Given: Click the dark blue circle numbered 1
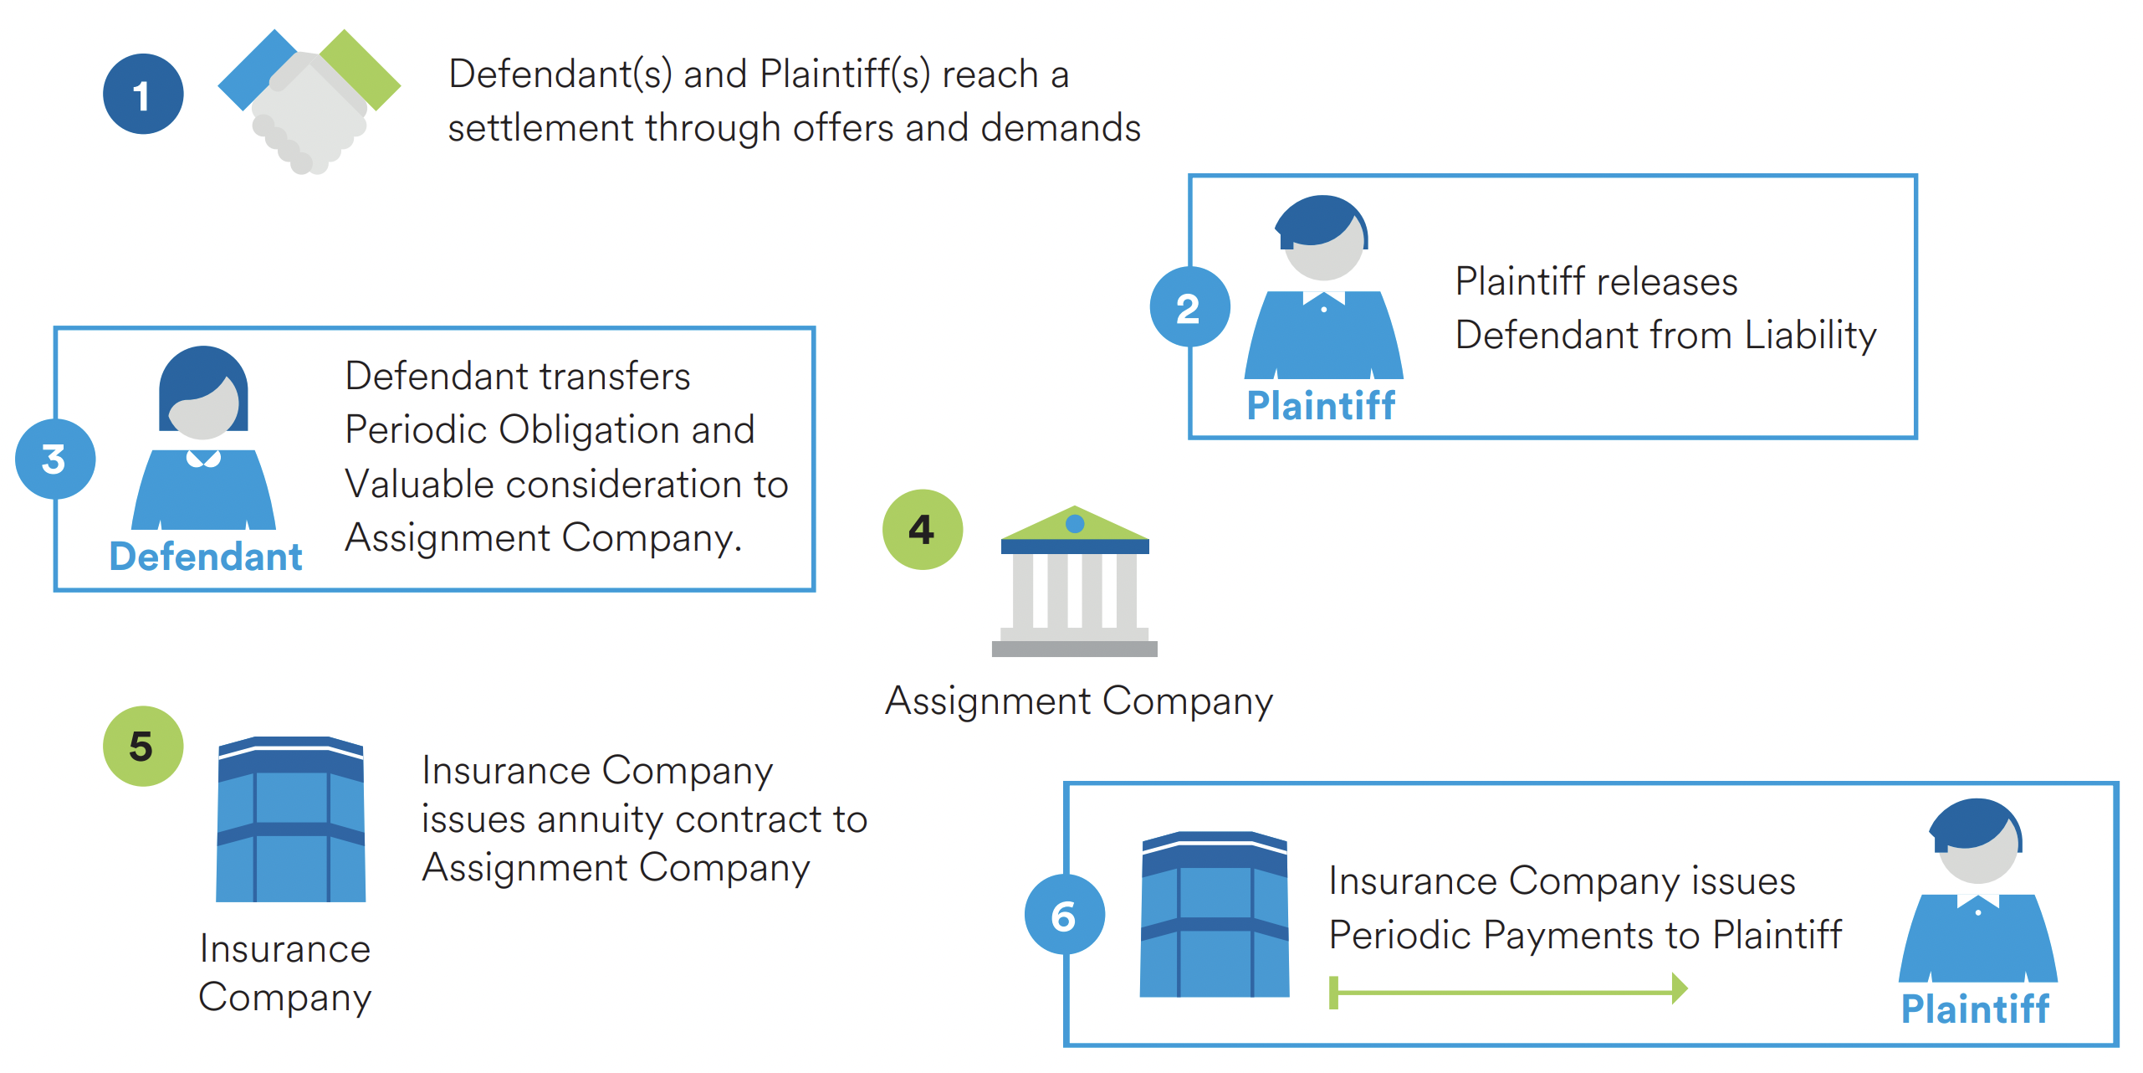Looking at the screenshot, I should click(143, 95).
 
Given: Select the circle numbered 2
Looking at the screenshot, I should click(1189, 307).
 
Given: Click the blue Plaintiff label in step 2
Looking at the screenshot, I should click(1321, 406).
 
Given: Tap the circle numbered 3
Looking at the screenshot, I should click(55, 459).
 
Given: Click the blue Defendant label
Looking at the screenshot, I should click(206, 557).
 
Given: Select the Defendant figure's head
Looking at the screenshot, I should click(203, 393).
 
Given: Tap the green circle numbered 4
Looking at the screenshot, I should click(923, 530).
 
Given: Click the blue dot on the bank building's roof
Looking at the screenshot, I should click(1075, 524).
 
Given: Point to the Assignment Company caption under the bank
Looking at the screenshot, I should click(1079, 701).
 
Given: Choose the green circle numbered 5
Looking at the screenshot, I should click(143, 746).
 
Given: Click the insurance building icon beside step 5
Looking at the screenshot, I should click(290, 820).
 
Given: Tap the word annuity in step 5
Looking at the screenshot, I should click(599, 819).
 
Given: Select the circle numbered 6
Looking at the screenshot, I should click(1064, 915).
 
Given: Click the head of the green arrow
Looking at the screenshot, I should click(1679, 988).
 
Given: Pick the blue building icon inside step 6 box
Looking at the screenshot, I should click(1215, 915).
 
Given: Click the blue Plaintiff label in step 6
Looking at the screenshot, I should click(1975, 1009).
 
